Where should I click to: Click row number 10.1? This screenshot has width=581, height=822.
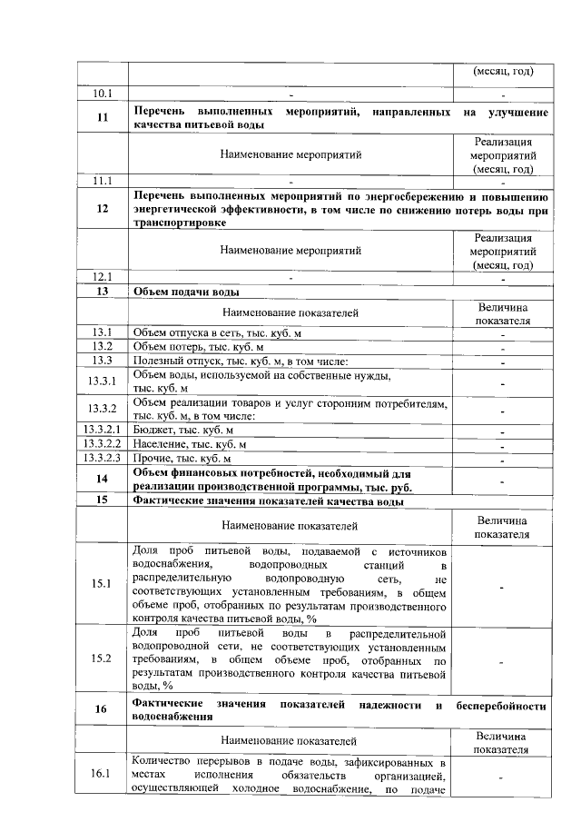pos(102,94)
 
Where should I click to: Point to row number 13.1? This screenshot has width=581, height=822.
pos(102,332)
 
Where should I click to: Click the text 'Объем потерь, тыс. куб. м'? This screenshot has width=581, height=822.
pos(199,347)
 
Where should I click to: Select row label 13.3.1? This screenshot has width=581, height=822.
pos(102,381)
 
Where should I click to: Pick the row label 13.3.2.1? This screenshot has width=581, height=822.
pos(102,430)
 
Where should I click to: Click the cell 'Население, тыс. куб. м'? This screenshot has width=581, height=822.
pos(189,444)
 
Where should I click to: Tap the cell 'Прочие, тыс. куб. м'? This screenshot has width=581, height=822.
pos(182,459)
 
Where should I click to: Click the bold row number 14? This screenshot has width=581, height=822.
pos(102,479)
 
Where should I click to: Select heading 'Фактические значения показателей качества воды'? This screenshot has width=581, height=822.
pos(268,500)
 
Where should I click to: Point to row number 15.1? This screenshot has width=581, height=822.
pos(102,584)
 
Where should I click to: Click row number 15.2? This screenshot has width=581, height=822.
pos(102,659)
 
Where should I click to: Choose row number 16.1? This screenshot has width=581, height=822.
pos(102,774)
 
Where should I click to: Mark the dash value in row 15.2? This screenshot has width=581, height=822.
pos(502,660)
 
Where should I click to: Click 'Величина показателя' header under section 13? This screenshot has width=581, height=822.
pos(502,313)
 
